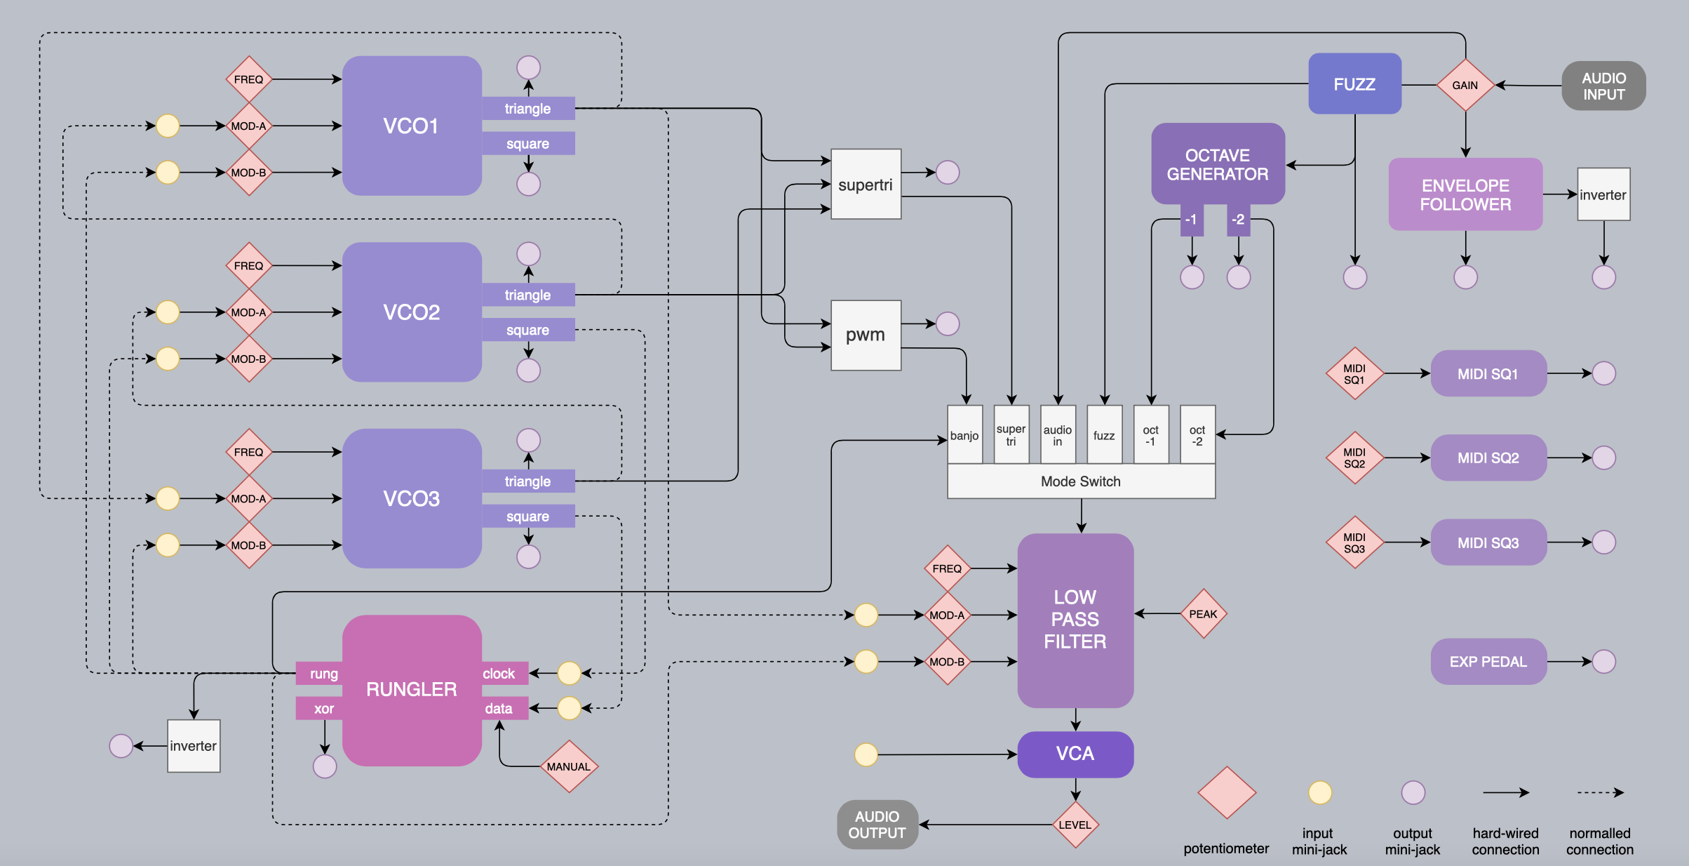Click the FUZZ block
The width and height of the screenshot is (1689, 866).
1354,84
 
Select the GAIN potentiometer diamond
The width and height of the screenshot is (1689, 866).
1465,85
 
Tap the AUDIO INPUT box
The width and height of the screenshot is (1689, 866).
1603,86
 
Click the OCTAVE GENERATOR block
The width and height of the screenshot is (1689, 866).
1218,164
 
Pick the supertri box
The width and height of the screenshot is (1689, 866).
866,185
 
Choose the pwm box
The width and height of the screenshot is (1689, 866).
866,335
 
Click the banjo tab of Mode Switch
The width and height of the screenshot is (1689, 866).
964,435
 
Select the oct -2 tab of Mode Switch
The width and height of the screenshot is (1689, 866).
1197,435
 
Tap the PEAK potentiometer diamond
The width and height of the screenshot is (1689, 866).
1203,614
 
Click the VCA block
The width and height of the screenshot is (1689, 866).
1075,754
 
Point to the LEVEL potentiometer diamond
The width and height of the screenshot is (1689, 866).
1075,825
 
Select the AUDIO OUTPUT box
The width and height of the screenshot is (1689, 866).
877,825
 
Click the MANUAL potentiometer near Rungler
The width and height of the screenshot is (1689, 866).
569,766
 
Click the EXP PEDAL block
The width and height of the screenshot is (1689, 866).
1488,661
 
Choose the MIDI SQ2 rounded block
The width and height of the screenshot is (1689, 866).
1488,458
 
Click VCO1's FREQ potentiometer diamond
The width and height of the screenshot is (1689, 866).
248,79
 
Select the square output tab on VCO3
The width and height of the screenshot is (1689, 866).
527,517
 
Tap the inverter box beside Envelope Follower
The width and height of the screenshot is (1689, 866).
1603,194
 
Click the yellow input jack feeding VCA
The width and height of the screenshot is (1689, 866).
866,754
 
